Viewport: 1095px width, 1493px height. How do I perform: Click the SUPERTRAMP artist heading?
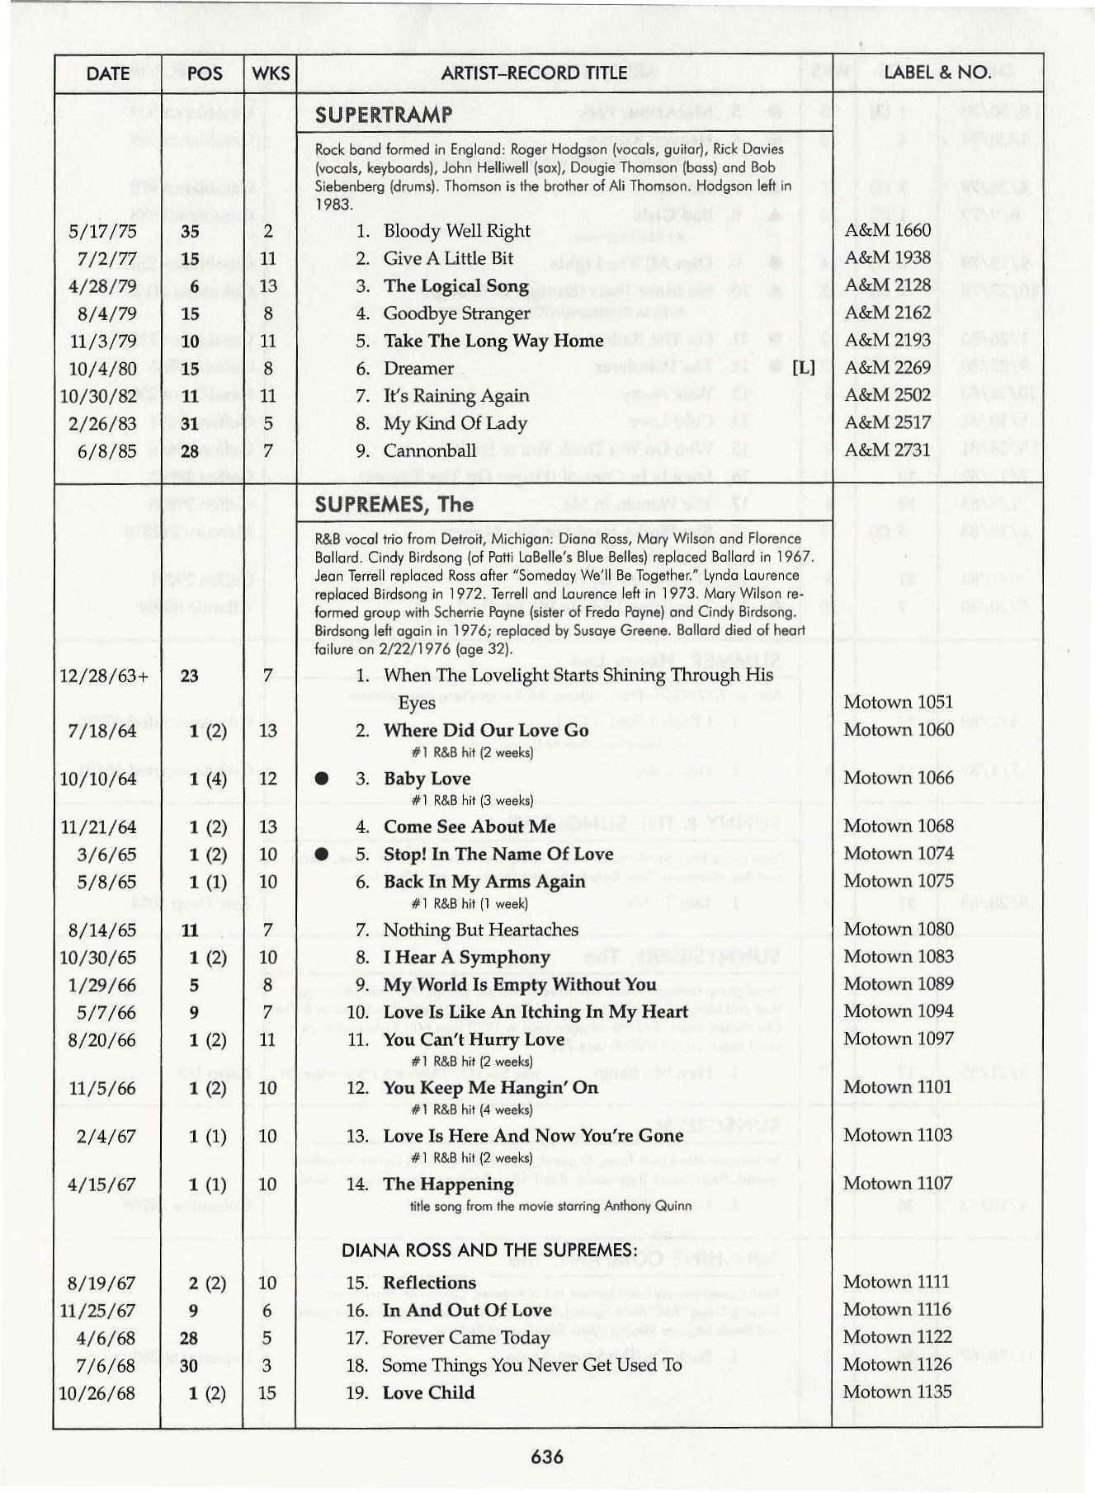[x=384, y=115]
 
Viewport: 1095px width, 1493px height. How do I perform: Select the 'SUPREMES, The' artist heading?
[x=394, y=504]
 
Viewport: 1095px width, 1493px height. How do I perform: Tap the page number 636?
[x=547, y=1457]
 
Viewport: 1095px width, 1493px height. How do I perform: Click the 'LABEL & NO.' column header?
[x=937, y=73]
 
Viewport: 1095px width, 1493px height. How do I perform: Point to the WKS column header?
[x=271, y=73]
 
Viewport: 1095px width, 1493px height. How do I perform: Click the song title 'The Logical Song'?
[x=456, y=286]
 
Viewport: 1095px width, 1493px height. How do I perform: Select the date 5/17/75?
[x=103, y=232]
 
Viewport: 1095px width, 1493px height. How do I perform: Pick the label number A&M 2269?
[x=887, y=368]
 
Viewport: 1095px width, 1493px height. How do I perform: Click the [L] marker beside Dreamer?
[x=803, y=368]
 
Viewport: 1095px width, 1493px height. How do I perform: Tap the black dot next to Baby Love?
[x=322, y=779]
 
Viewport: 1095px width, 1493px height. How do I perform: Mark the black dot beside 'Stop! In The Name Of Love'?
[x=322, y=854]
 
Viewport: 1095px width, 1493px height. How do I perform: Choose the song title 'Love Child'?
[x=428, y=1392]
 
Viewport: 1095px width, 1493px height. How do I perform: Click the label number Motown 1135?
[x=897, y=1392]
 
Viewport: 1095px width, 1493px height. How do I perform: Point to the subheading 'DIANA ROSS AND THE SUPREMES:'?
[x=489, y=1250]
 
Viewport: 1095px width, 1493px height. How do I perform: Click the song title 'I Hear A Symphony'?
[x=466, y=958]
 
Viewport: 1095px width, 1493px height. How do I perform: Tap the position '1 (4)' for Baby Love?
[x=207, y=779]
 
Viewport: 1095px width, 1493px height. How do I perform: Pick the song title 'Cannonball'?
[x=429, y=450]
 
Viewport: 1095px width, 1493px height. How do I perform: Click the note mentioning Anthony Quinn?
[x=550, y=1206]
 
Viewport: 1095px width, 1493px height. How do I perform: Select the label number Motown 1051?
[x=898, y=702]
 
